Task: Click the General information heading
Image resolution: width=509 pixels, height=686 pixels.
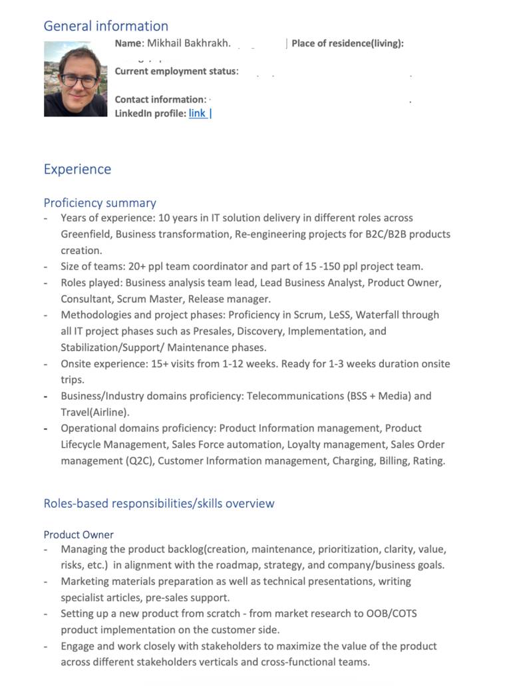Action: point(106,27)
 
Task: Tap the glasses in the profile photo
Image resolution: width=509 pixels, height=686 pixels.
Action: point(79,81)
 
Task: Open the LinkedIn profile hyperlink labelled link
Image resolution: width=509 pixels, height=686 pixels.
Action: point(197,114)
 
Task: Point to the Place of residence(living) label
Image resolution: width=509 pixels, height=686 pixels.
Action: point(347,44)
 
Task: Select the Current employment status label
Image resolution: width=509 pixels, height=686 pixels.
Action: point(176,71)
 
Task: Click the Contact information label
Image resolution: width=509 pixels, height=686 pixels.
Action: point(160,100)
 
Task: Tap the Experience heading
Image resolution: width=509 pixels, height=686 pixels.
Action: point(77,169)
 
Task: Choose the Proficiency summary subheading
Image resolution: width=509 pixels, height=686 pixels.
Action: point(100,203)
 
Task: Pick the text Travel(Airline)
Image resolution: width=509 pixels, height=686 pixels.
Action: point(95,413)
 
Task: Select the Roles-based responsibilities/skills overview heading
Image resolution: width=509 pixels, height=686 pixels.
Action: point(158,504)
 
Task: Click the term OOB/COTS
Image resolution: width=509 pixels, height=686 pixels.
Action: point(391,613)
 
